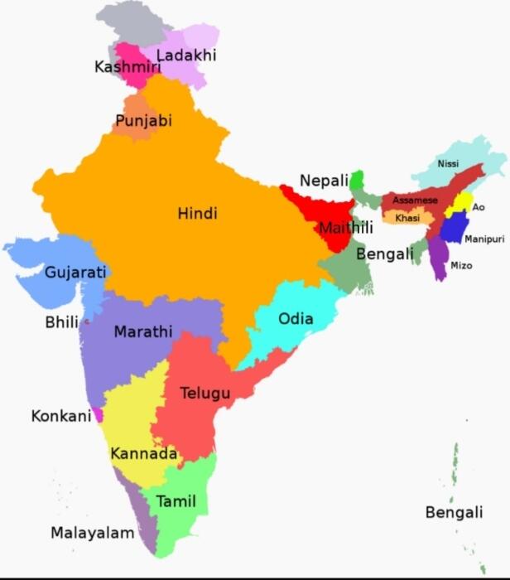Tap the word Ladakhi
pyautogui.click(x=185, y=56)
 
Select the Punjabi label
pyautogui.click(x=143, y=121)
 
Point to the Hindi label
pyautogui.click(x=197, y=214)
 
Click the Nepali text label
pyautogui.click(x=324, y=181)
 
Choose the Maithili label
pyautogui.click(x=347, y=228)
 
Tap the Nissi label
pyautogui.click(x=448, y=164)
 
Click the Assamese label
pyautogui.click(x=415, y=201)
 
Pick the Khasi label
pyautogui.click(x=407, y=218)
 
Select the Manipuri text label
pyautogui.click(x=484, y=239)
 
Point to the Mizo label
pyautogui.click(x=461, y=266)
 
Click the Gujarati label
pyautogui.click(x=75, y=272)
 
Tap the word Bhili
pyautogui.click(x=61, y=322)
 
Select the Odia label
pyautogui.click(x=296, y=318)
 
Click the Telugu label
pyautogui.click(x=205, y=393)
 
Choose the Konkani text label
pyautogui.click(x=60, y=416)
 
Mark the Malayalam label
pyautogui.click(x=92, y=533)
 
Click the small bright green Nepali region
pyautogui.click(x=357, y=181)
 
